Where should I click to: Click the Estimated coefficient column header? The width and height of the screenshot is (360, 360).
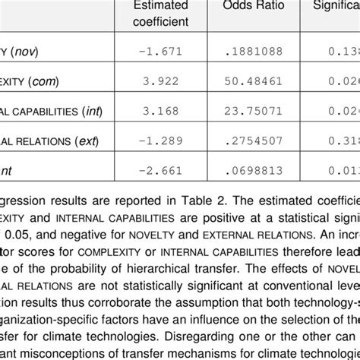161,13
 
